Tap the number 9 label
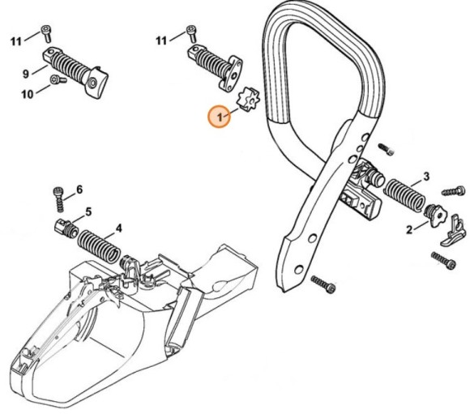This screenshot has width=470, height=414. pos(26,74)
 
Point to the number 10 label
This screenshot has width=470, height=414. pos(27,95)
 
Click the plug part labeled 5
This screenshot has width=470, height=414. pos(64,226)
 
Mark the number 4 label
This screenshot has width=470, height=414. pos(118,228)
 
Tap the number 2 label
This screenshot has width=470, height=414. pos(411,229)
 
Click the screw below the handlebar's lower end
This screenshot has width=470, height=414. pos(322,285)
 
